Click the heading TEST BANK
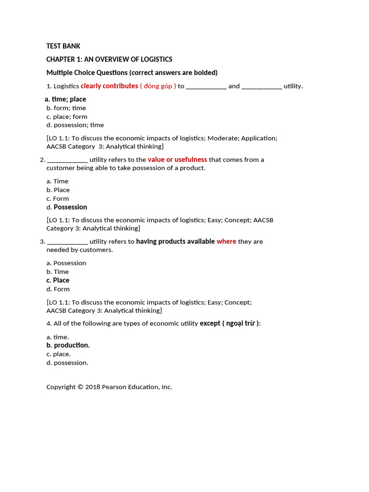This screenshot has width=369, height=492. click(x=63, y=46)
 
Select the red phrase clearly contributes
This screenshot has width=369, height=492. click(x=109, y=86)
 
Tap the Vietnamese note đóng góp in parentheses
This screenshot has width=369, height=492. click(x=158, y=86)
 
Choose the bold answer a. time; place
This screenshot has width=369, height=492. click(x=65, y=99)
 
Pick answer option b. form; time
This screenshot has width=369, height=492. click(x=66, y=108)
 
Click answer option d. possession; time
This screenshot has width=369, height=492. click(x=75, y=125)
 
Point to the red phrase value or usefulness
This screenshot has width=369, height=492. click(x=177, y=160)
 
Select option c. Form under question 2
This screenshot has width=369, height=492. click(x=58, y=198)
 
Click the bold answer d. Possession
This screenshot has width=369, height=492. click(x=67, y=207)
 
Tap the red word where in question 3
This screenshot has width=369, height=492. click(x=226, y=241)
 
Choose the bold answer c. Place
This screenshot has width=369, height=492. click(x=58, y=280)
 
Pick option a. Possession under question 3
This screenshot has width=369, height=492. click(x=66, y=263)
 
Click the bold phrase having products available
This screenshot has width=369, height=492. click(x=175, y=241)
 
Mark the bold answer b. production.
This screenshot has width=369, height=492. click(x=68, y=345)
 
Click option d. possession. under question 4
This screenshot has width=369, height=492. click(x=67, y=363)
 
